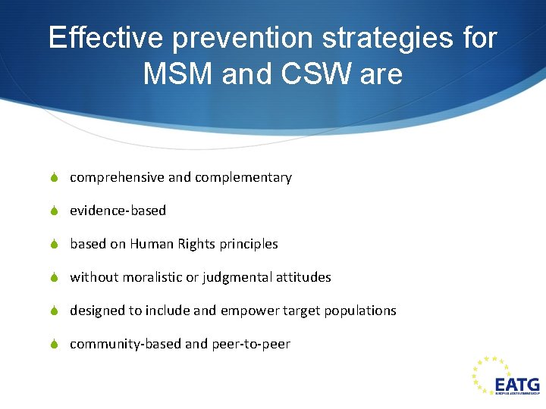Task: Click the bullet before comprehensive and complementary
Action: [x=54, y=178]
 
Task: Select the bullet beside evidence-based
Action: [x=54, y=211]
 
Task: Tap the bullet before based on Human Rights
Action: [x=54, y=245]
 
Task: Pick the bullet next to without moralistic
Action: [x=54, y=278]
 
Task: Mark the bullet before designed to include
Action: [x=54, y=311]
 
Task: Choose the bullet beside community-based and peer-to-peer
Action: [x=54, y=345]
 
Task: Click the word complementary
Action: [x=243, y=178]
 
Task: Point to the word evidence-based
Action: [x=118, y=211]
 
